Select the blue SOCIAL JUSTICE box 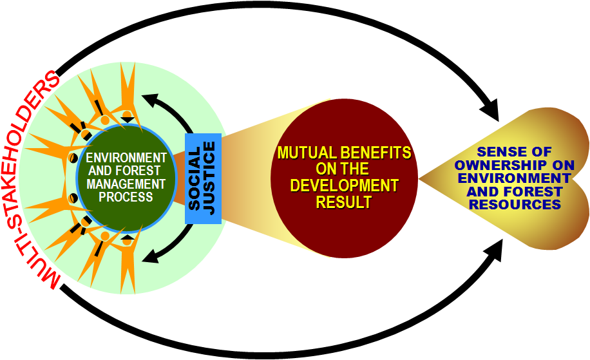[203, 178]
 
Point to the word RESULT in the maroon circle [343, 202]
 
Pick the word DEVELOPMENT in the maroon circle [344, 185]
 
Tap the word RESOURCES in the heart [515, 204]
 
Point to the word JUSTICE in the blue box [210, 178]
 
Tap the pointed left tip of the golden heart [420, 178]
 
